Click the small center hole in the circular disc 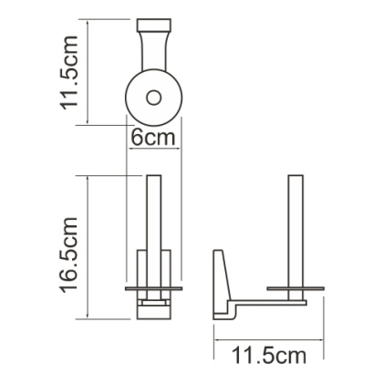[x=154, y=94]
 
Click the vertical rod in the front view [x=154, y=219]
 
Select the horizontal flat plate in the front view [x=154, y=289]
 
